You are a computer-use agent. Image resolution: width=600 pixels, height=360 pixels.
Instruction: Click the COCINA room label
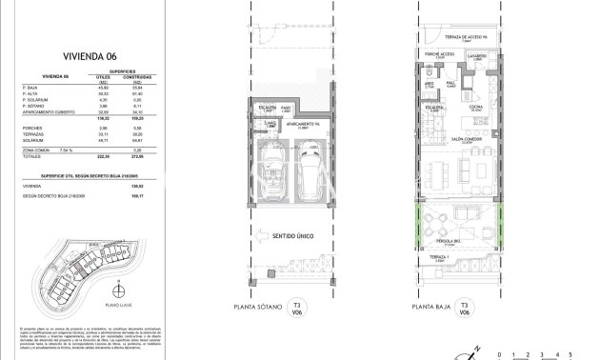tap(475, 107)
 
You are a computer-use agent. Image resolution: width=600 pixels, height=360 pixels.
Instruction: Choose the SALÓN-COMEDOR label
tap(462, 139)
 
